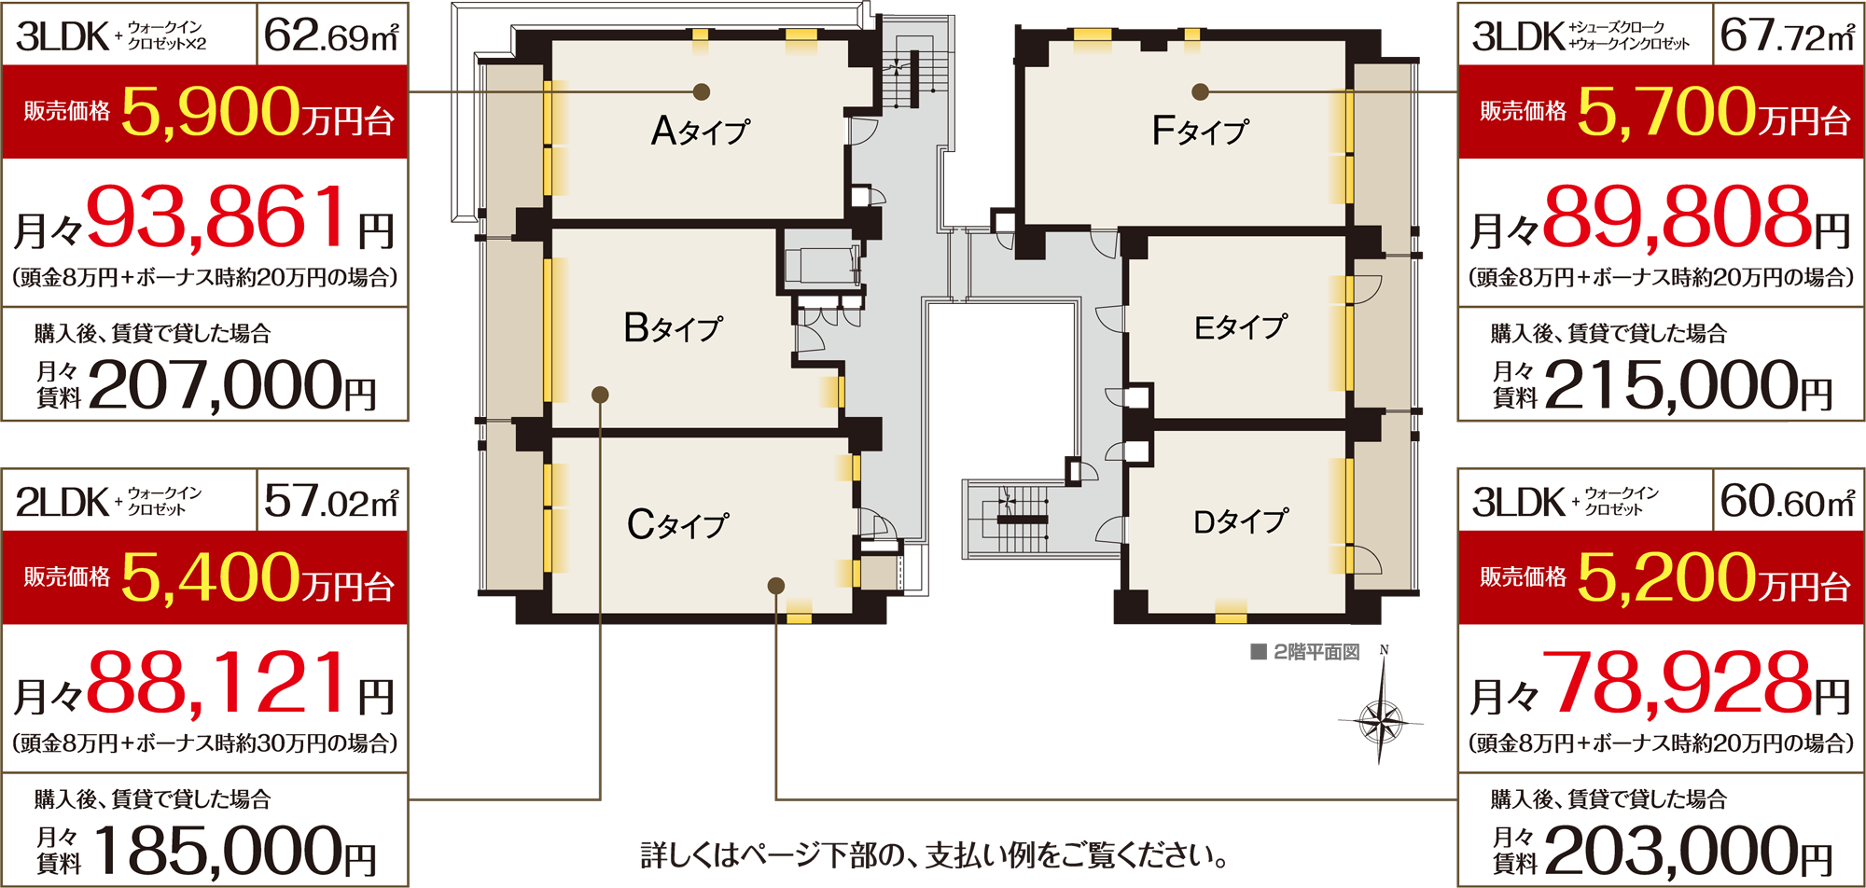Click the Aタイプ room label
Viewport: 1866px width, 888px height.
(x=700, y=131)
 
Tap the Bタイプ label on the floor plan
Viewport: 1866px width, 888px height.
(x=673, y=327)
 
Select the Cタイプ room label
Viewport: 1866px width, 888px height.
(x=677, y=524)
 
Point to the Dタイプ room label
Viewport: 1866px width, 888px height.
(x=1241, y=520)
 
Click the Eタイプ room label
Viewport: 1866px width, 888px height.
(x=1241, y=326)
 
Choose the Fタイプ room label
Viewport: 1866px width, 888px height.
(x=1200, y=131)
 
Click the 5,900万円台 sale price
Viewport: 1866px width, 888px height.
(x=258, y=112)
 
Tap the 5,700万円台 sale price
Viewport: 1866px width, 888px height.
(x=1714, y=112)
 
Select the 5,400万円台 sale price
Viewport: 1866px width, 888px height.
(x=258, y=577)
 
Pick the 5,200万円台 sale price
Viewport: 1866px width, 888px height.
(x=1714, y=577)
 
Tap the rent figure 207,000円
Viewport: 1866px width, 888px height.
(x=232, y=384)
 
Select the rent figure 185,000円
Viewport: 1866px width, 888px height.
(x=232, y=851)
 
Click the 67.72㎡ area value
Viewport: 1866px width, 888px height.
(x=1788, y=35)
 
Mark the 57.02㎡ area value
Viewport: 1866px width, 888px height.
(x=331, y=501)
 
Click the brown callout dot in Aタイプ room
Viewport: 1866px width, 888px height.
(x=702, y=91)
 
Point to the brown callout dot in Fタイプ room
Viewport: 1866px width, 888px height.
(x=1201, y=91)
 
